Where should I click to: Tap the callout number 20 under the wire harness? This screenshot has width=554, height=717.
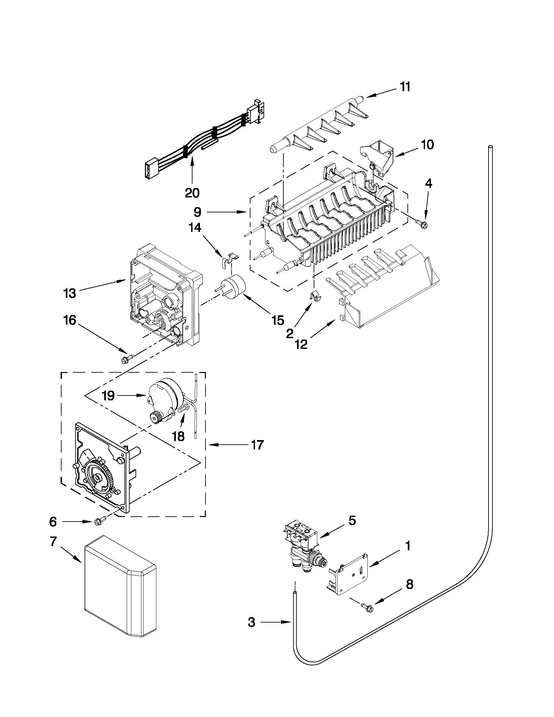click(x=192, y=193)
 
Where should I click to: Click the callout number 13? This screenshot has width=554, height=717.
click(x=70, y=293)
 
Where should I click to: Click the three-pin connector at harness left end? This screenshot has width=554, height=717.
click(x=149, y=170)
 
